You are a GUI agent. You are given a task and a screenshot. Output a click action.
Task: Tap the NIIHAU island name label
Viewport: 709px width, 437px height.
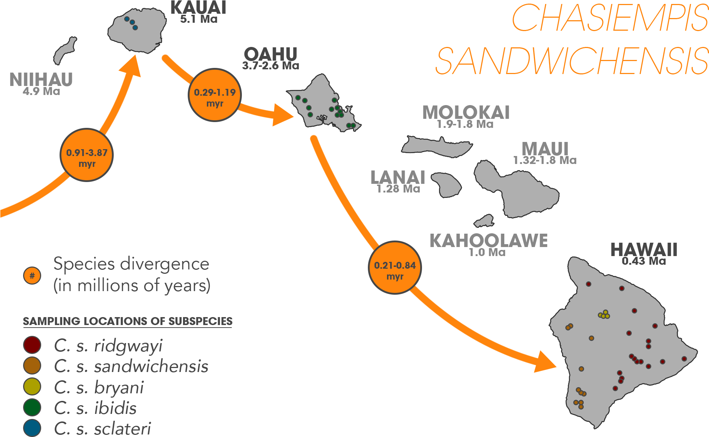tap(41, 79)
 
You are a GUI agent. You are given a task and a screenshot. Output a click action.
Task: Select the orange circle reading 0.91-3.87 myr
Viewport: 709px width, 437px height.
tap(87, 155)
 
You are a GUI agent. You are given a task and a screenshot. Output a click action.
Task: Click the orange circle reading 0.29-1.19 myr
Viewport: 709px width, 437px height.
tap(215, 95)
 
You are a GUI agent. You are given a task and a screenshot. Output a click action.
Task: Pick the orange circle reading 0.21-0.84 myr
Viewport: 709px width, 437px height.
tap(395, 268)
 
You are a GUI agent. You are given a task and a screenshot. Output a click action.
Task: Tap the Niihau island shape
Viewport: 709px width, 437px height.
tap(65, 51)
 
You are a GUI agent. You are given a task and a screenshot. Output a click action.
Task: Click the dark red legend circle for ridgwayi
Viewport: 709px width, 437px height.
tap(32, 345)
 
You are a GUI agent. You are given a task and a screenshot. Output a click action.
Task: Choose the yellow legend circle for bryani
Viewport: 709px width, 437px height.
tap(32, 386)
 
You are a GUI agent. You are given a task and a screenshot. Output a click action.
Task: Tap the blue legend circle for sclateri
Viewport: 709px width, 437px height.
tap(32, 428)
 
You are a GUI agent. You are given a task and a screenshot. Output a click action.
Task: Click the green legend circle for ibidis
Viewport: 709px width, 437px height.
tap(32, 407)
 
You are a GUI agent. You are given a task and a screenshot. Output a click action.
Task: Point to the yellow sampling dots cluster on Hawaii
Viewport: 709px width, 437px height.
tap(604, 315)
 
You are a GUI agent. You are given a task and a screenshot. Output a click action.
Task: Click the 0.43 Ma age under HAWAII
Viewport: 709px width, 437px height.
tap(644, 261)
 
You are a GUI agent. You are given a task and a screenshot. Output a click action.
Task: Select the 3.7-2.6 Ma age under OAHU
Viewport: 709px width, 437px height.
tap(270, 66)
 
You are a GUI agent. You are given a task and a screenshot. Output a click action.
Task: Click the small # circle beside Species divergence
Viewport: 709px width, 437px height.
tap(32, 276)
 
